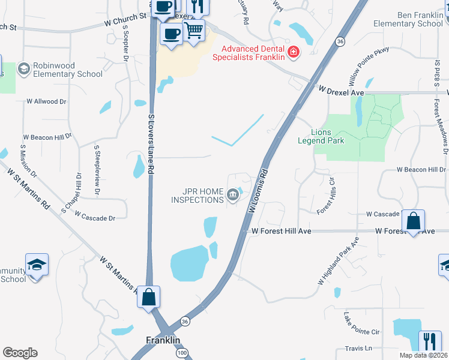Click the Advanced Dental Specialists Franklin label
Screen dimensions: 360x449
(x=253, y=53)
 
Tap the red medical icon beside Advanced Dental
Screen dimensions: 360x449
(x=294, y=53)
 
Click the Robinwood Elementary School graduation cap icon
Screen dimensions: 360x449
(x=24, y=69)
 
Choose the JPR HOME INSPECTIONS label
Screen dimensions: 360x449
(x=197, y=196)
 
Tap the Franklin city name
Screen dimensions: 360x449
(x=163, y=340)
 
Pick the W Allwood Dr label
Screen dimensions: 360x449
(x=45, y=102)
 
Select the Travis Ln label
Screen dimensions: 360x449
(x=358, y=348)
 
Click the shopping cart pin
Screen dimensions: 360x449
(x=193, y=30)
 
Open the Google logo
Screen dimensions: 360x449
(x=20, y=353)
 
